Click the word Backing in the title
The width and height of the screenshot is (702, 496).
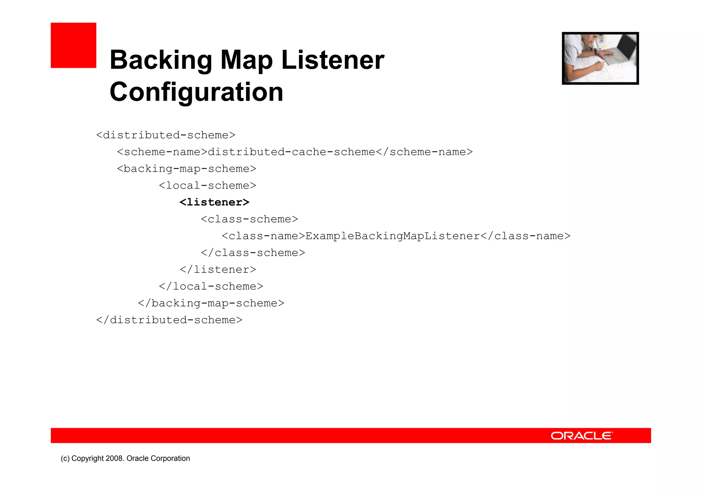point(161,60)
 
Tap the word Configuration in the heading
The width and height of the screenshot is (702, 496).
point(196,92)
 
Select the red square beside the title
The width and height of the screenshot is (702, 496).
point(73,45)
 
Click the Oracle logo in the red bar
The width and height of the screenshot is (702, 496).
point(582,436)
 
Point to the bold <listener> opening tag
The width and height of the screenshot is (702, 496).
point(215,202)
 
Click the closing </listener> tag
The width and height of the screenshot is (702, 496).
point(218,269)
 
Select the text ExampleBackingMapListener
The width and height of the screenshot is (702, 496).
point(392,236)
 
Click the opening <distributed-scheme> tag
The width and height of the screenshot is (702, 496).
point(166,135)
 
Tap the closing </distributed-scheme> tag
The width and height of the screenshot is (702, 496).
point(169,320)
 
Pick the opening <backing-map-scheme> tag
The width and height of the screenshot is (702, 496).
point(187,169)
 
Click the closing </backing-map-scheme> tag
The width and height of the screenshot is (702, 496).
point(211,303)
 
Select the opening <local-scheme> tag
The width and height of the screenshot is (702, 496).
point(208,185)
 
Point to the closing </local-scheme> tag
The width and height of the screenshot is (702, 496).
point(211,286)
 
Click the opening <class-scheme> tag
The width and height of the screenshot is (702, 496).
point(250,219)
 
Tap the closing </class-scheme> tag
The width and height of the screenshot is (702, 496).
point(253,253)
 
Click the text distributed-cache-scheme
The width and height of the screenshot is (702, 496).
point(292,152)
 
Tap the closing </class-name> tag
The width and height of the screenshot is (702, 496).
point(525,236)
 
